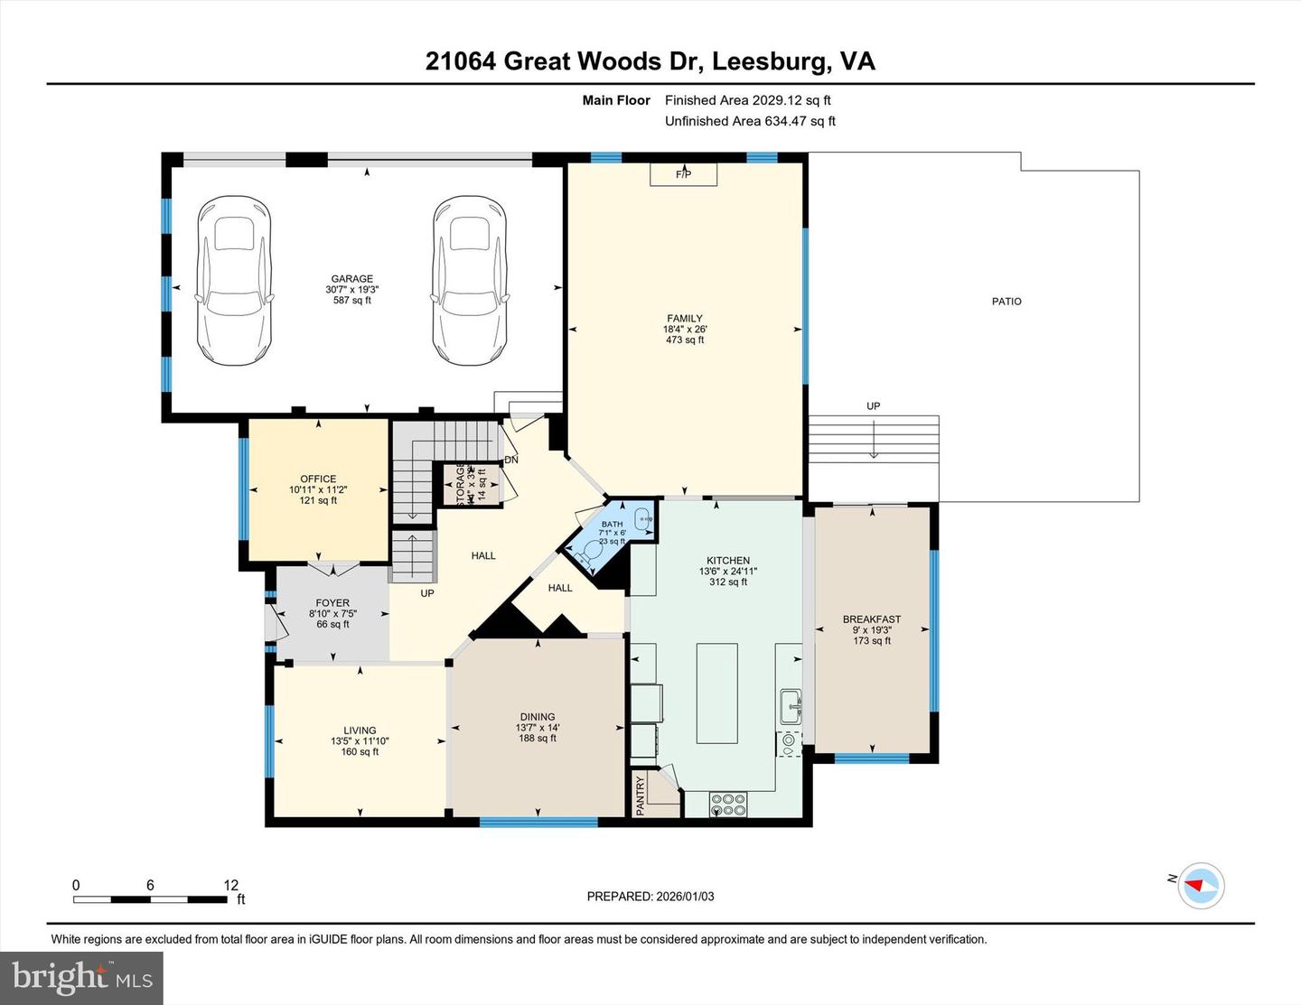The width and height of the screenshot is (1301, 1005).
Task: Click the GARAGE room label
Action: click(x=351, y=279)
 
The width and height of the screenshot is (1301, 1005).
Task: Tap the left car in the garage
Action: click(x=234, y=281)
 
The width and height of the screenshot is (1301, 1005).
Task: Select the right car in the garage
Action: click(x=468, y=281)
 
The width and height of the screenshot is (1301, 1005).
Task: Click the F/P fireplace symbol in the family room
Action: click(x=683, y=174)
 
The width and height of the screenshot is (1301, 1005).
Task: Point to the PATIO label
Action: click(x=1006, y=302)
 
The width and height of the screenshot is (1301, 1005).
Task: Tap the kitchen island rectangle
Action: click(x=716, y=693)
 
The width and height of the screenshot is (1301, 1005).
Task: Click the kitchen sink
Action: click(x=791, y=705)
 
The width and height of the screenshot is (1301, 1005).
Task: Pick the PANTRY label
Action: click(x=641, y=796)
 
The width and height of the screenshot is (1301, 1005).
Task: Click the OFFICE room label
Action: click(x=318, y=479)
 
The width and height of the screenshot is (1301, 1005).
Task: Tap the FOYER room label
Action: click(x=332, y=603)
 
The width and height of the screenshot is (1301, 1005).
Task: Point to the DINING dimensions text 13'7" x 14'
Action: click(x=538, y=728)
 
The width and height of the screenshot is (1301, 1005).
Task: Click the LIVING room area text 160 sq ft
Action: click(x=360, y=751)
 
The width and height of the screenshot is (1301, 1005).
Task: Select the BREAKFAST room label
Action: click(x=872, y=619)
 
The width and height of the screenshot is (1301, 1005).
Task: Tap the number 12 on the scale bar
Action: click(x=231, y=885)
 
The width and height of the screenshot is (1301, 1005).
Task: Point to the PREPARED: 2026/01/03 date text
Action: click(x=650, y=897)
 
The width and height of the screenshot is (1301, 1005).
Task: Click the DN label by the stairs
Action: click(x=511, y=460)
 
